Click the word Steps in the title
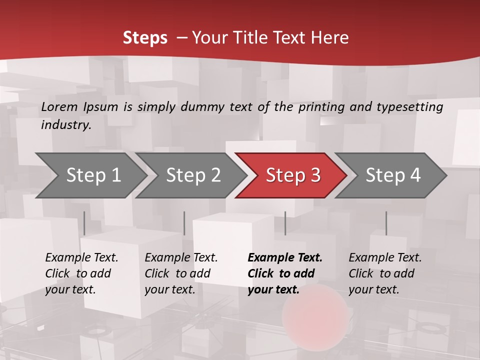coord(145,38)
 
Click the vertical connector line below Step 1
coord(84,223)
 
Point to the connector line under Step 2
coord(184,223)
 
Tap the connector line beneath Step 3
coord(285,223)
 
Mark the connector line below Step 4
coord(386,223)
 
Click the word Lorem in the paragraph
coord(59,107)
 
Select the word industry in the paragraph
coord(65,125)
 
